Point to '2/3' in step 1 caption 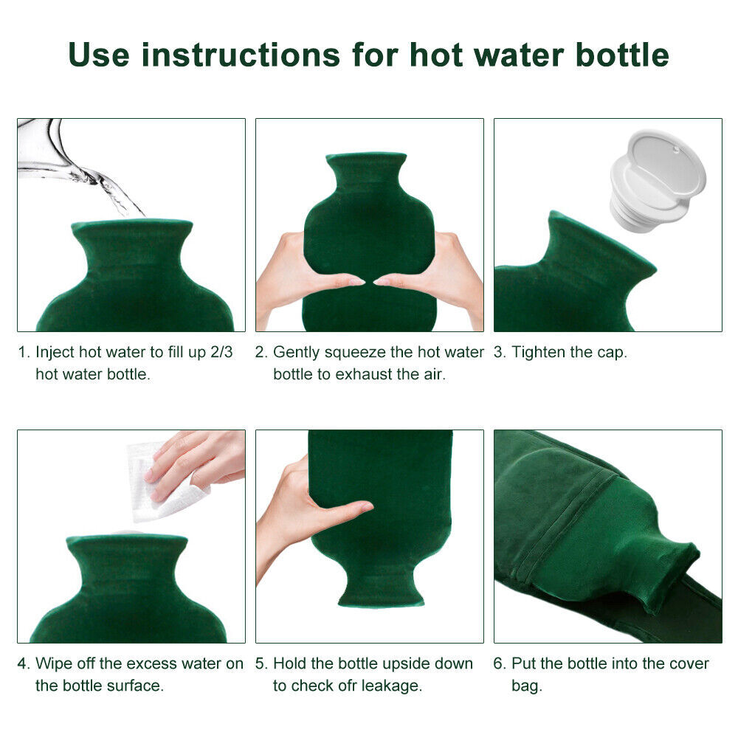[x=220, y=352]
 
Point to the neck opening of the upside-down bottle [x=380, y=598]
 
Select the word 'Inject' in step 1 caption [x=54, y=352]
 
